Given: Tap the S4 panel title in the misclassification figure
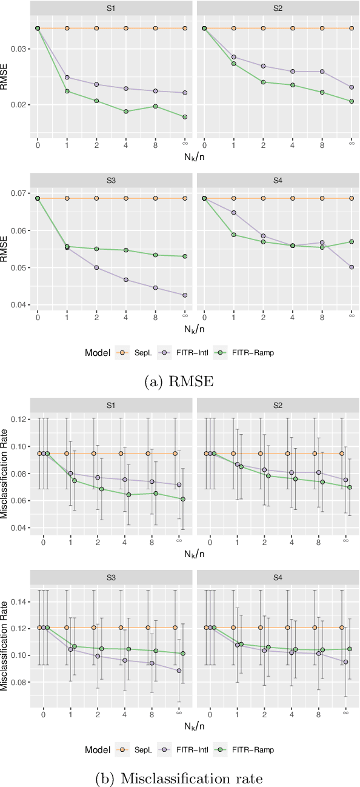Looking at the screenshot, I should coord(278,578).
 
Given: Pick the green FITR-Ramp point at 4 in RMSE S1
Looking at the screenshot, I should coord(126,112).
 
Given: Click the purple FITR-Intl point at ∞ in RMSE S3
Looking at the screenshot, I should coord(185,295).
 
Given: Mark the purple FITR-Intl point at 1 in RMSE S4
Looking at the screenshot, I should coord(234,213).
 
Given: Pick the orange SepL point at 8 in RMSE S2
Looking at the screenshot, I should coord(322,28).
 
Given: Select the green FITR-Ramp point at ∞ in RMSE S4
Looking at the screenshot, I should coord(352,241).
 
